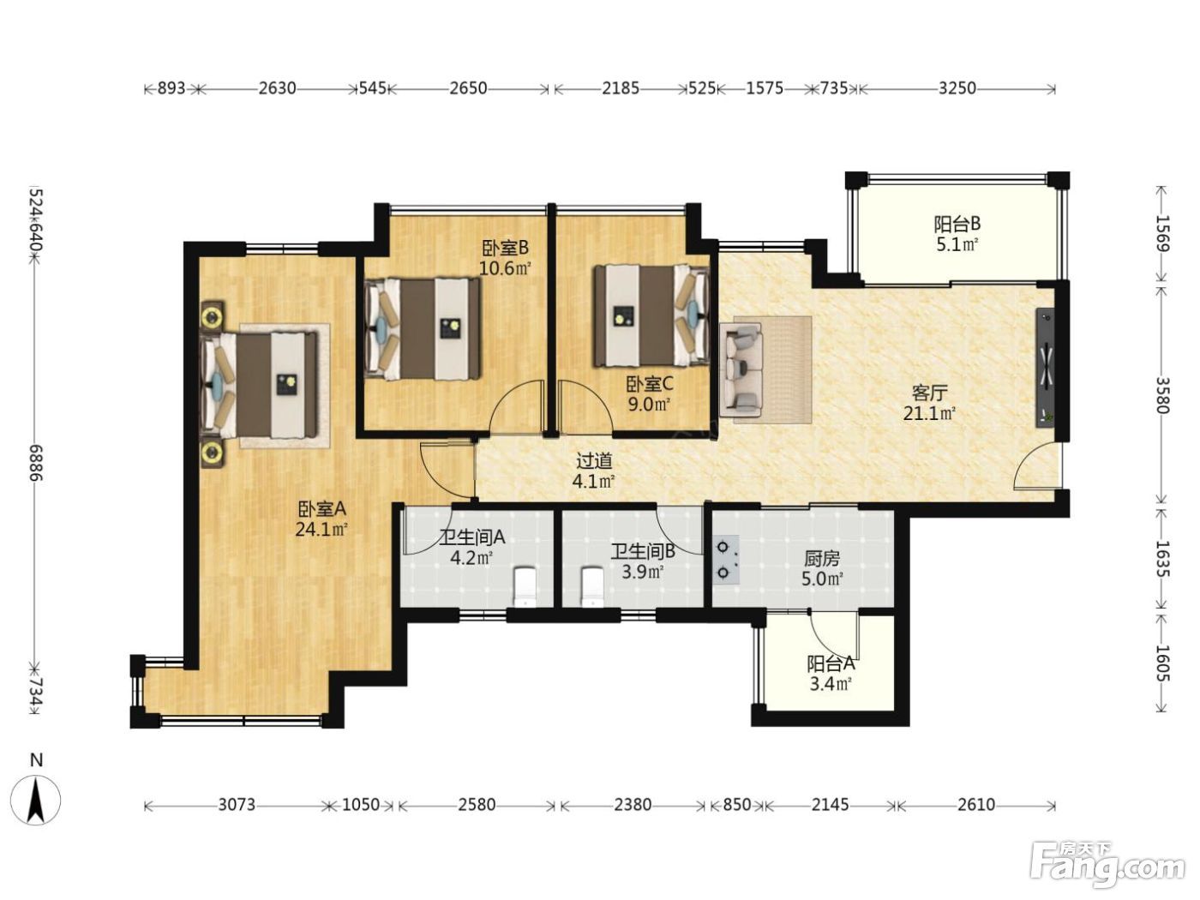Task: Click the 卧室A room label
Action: click(x=322, y=509)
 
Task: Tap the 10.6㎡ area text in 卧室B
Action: click(x=506, y=268)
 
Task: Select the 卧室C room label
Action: click(x=650, y=384)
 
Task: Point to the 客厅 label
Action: click(x=929, y=393)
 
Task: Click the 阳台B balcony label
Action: click(x=957, y=224)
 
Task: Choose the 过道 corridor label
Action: click(x=594, y=461)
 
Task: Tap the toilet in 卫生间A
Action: click(x=525, y=587)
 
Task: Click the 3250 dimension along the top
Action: click(x=957, y=88)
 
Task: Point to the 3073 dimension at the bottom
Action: click(x=237, y=804)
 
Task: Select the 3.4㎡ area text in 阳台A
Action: click(x=831, y=683)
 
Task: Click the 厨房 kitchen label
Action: click(x=822, y=559)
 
